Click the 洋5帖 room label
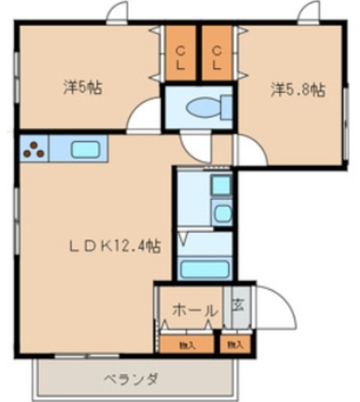(82, 88)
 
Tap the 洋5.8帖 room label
(298, 90)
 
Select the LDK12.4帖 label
(114, 246)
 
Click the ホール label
(195, 310)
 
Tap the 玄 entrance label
(239, 307)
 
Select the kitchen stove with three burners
(34, 149)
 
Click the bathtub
(204, 269)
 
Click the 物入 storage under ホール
(186, 344)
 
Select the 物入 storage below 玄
(235, 344)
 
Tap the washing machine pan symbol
(221, 186)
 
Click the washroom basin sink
(222, 213)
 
